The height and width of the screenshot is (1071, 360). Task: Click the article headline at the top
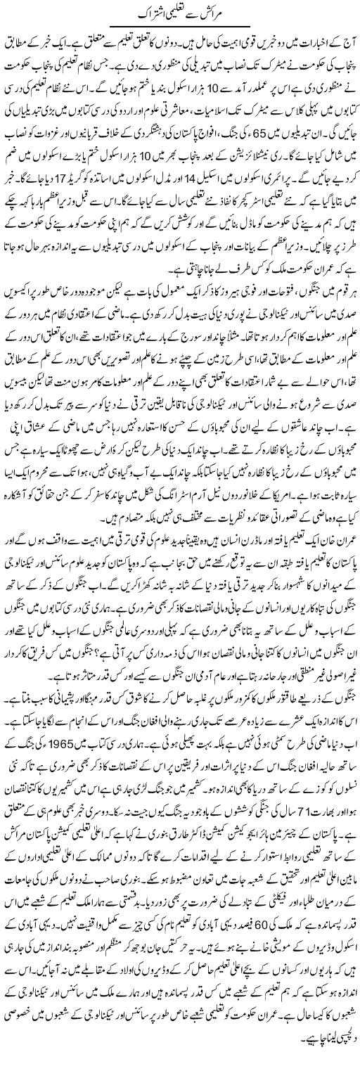click(x=180, y=14)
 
